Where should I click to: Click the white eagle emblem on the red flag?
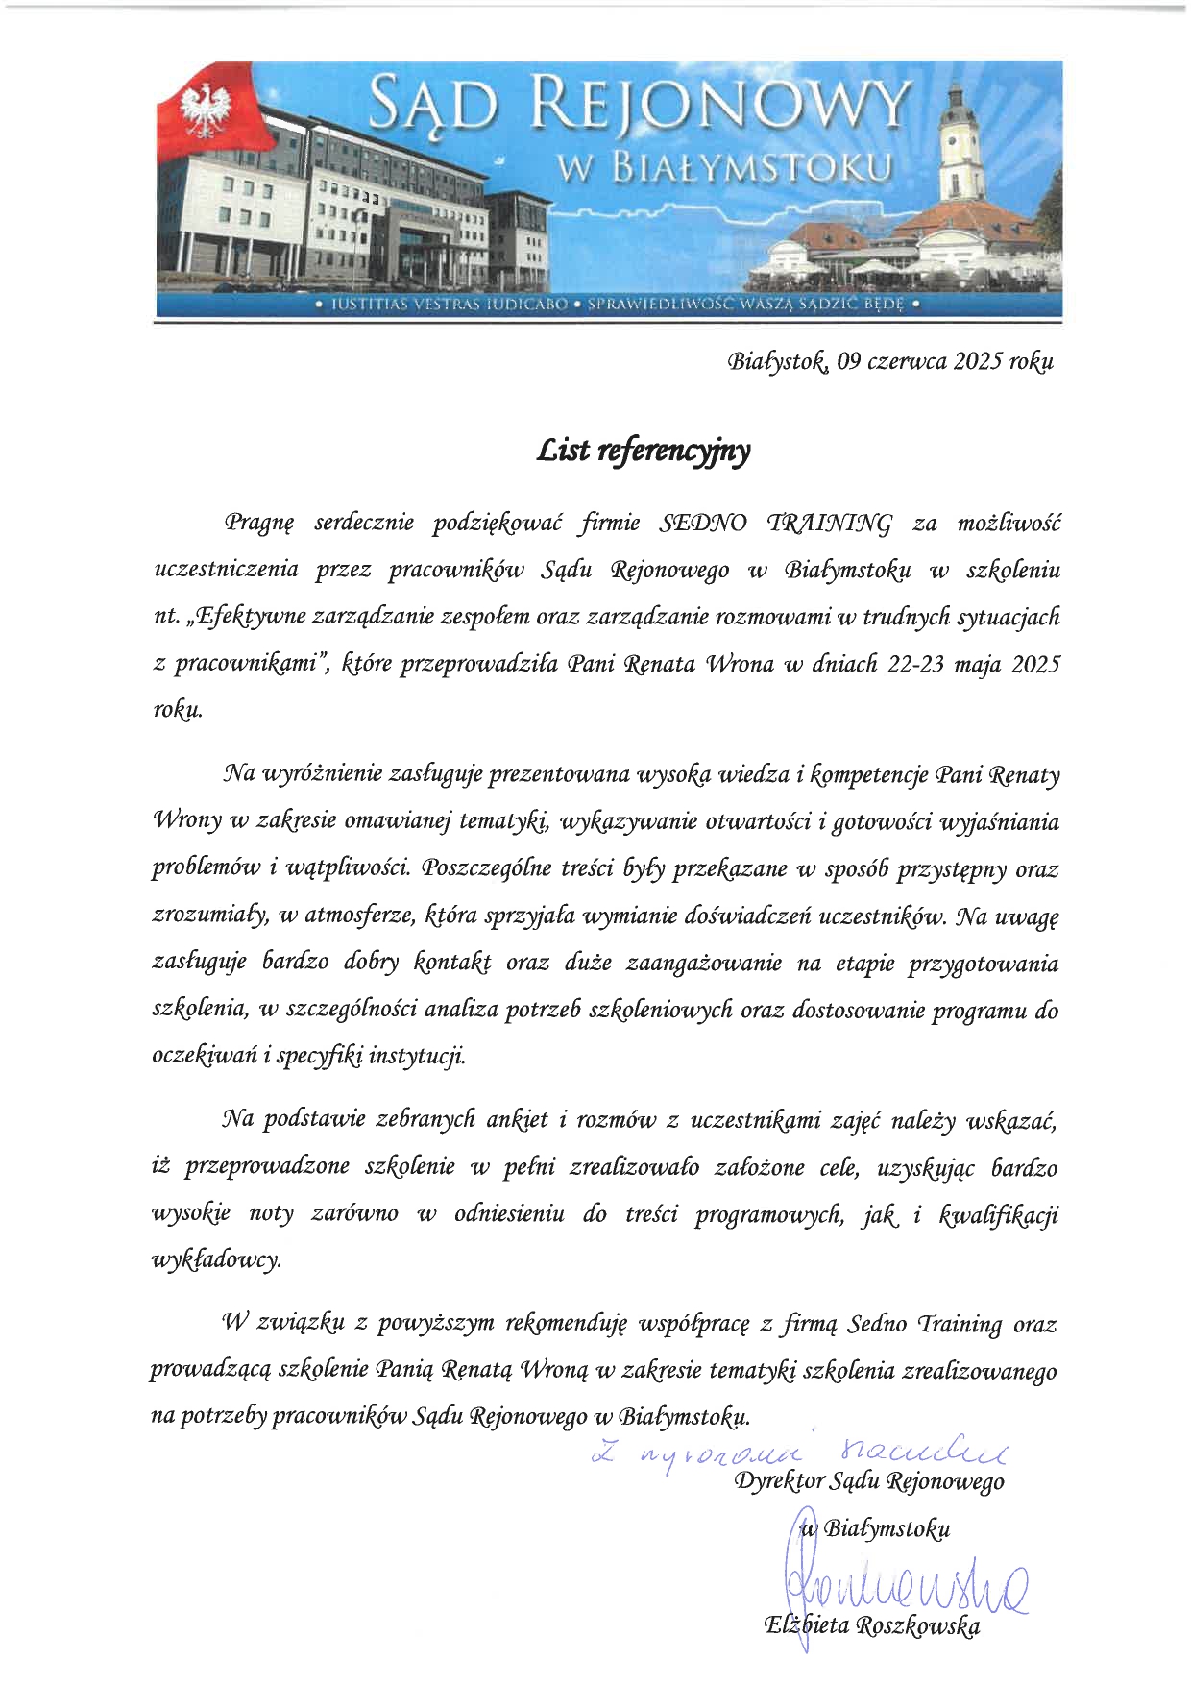coord(210,108)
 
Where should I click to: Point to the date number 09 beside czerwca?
coord(848,361)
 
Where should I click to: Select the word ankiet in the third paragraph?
coord(517,1120)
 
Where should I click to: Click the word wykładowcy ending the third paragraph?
coord(216,1260)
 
